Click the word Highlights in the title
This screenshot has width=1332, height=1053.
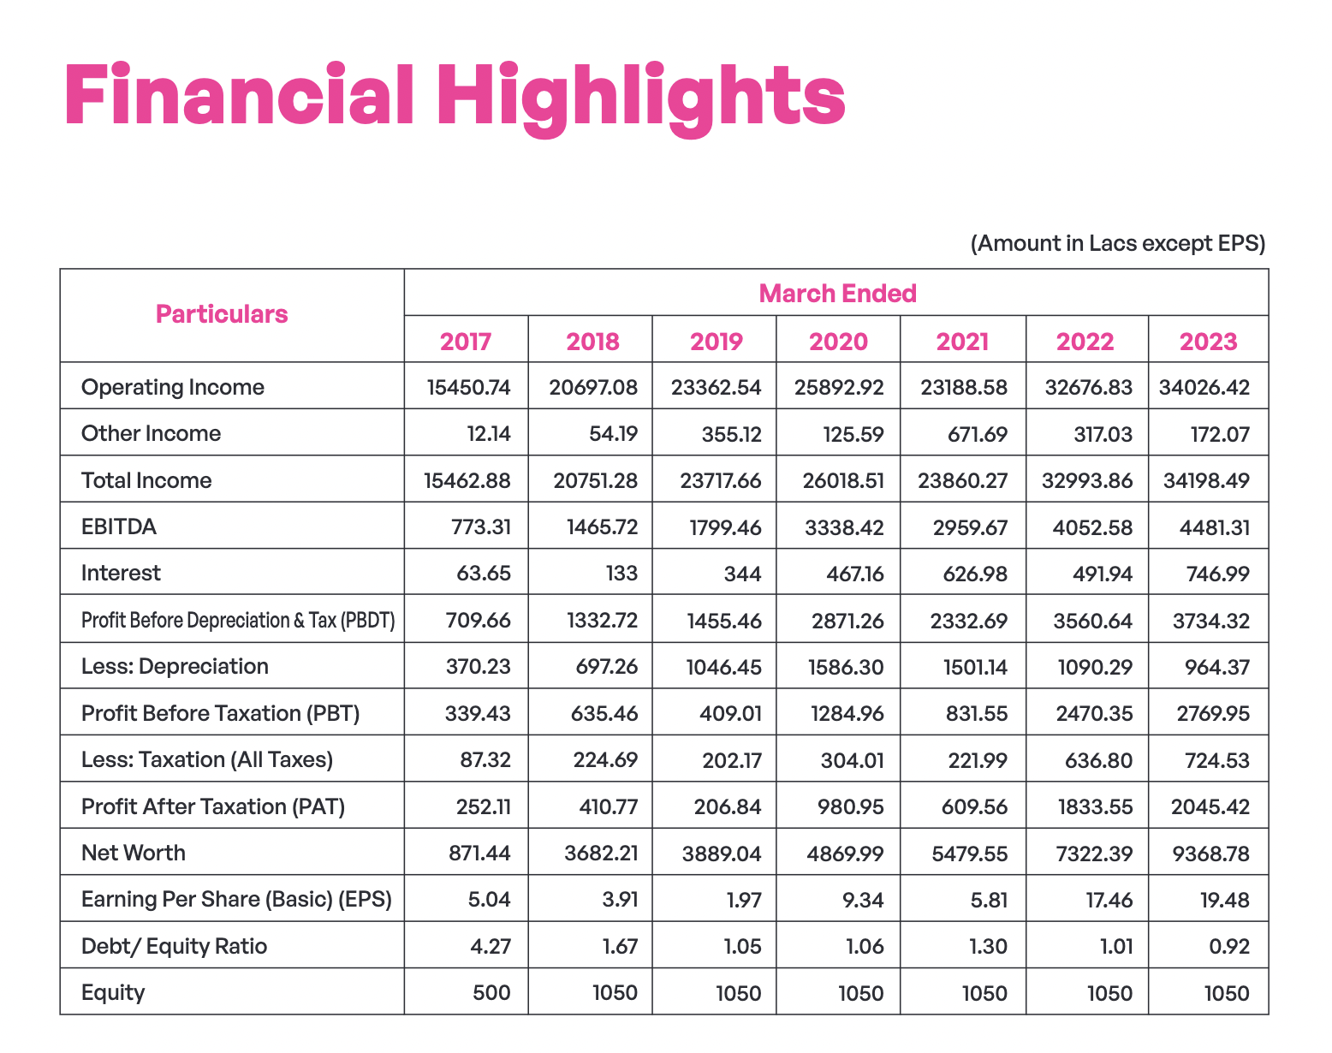641,100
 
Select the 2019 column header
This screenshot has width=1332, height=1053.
717,342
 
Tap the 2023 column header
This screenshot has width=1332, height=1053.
1208,342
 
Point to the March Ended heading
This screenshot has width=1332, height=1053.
837,294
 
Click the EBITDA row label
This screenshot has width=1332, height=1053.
119,526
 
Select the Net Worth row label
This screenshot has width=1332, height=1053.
134,853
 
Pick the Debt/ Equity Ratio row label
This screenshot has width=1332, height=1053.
175,947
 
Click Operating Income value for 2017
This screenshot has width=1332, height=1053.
468,388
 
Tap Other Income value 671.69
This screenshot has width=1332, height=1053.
978,435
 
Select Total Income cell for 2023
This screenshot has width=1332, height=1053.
1206,481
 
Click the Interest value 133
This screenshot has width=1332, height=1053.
621,574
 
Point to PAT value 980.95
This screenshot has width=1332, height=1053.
850,807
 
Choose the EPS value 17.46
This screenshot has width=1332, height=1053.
1109,900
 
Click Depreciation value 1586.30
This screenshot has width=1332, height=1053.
846,668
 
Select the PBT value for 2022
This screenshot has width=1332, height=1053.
1094,714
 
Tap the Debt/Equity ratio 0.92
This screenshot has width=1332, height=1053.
1229,947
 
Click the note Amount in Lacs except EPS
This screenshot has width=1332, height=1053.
1118,243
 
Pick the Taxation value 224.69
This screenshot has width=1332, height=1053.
605,760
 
